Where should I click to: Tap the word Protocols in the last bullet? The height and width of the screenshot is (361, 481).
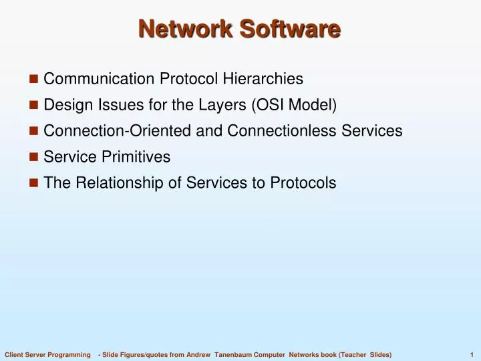click(x=302, y=183)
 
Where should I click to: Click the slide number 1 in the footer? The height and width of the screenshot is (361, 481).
click(x=472, y=353)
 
